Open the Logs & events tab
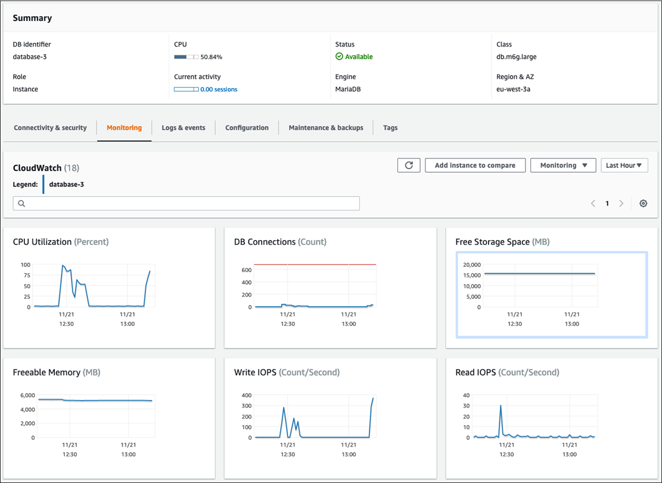[184, 128]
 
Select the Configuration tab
[247, 128]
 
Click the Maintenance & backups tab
[326, 128]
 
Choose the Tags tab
[390, 128]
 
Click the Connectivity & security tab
[50, 128]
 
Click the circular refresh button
[409, 166]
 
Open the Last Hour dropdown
[624, 166]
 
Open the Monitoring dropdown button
[563, 166]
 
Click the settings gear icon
[644, 204]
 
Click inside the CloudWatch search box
[186, 204]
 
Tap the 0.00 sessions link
[219, 90]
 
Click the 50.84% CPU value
[212, 57]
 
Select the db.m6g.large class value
[517, 57]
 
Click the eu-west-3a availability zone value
[514, 90]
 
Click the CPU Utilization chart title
[61, 242]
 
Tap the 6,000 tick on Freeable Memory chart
[27, 395]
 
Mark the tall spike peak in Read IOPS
[501, 406]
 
